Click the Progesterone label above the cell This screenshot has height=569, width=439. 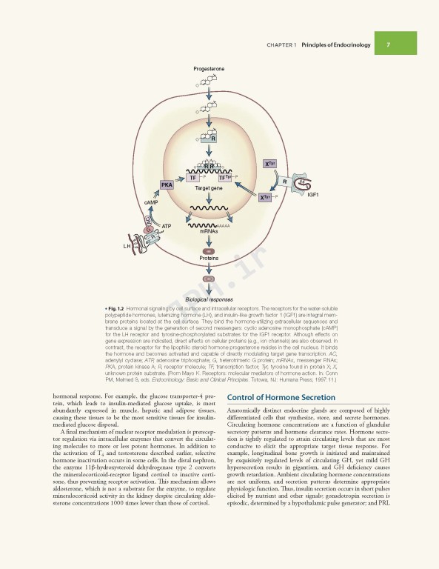(209, 68)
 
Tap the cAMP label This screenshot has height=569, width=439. (151, 202)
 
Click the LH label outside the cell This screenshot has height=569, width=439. (127, 244)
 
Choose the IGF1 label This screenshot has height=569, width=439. (312, 194)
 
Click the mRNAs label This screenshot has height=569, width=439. (208, 231)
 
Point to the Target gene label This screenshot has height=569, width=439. (208, 189)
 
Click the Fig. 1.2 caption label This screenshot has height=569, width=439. (113, 307)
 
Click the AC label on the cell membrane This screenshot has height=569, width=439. (148, 220)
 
